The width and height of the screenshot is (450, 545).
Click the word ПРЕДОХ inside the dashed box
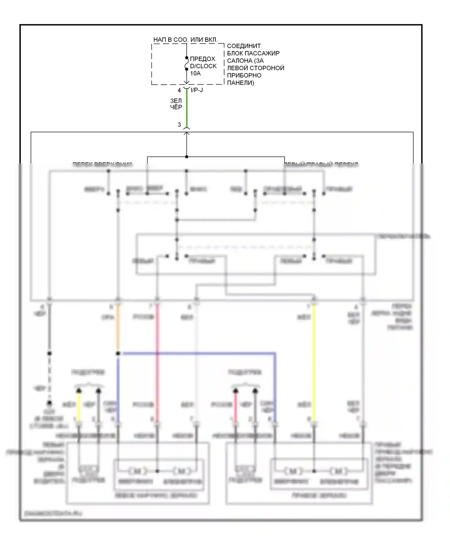click(202, 59)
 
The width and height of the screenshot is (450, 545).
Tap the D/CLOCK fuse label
click(203, 66)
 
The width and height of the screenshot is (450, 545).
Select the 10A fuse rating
click(195, 73)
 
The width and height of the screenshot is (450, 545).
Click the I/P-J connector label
click(197, 90)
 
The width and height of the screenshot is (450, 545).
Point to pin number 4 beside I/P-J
click(179, 90)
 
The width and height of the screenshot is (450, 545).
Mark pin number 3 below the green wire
click(179, 125)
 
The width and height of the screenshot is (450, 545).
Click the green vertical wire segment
click(187, 108)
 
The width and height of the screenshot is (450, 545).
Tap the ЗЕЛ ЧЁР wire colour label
click(176, 104)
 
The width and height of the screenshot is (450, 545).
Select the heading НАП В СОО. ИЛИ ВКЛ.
click(185, 40)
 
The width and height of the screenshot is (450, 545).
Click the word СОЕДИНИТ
click(244, 46)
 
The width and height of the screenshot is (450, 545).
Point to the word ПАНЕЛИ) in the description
click(240, 83)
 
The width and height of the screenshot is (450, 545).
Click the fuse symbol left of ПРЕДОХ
click(186, 63)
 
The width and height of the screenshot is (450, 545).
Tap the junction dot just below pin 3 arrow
click(187, 157)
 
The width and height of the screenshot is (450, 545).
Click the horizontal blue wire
click(198, 354)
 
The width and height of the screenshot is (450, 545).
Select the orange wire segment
click(118, 327)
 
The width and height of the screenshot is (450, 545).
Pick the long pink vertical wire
click(157, 361)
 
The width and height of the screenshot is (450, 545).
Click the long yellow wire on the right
click(314, 361)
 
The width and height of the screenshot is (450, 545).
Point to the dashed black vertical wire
click(49, 379)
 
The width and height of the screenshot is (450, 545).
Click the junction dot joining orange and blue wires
click(118, 354)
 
